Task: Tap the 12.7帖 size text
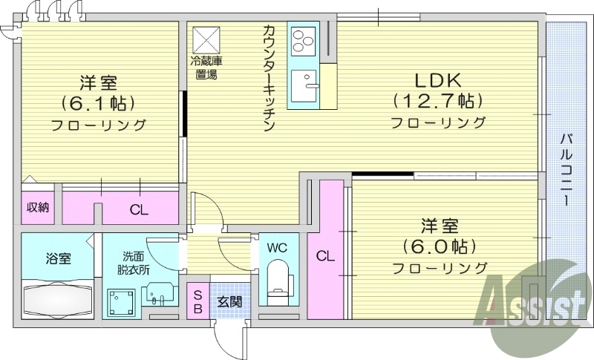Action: (438, 101)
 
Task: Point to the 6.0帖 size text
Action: (439, 246)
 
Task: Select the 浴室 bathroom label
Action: (58, 258)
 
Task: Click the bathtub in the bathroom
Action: (58, 301)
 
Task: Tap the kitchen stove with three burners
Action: (304, 41)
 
